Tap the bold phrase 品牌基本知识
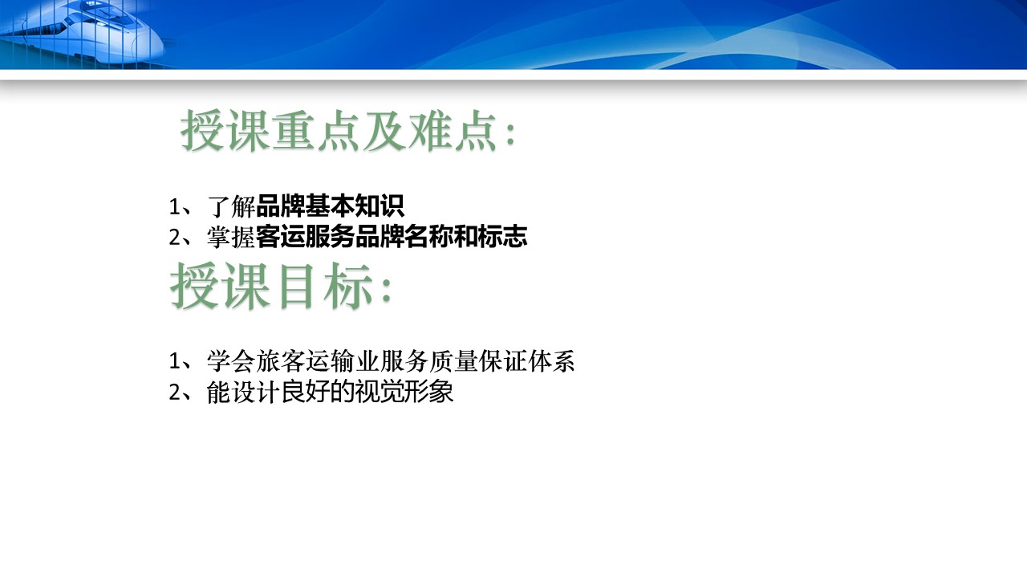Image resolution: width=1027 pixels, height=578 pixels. tap(330, 206)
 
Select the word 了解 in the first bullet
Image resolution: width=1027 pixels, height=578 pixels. tap(231, 206)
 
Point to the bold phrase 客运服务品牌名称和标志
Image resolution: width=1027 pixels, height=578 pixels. tap(392, 237)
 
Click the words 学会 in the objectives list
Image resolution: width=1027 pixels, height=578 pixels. tap(230, 361)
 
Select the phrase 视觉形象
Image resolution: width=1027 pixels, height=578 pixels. tap(404, 392)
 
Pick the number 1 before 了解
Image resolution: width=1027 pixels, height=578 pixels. tap(174, 207)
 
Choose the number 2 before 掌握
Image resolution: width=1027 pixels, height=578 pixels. tap(174, 238)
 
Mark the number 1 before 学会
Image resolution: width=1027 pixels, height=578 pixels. tap(174, 361)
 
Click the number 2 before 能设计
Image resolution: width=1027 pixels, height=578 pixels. tap(174, 393)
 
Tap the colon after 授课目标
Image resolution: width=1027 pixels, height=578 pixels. tap(387, 290)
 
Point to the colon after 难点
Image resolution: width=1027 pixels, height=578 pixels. tap(510, 134)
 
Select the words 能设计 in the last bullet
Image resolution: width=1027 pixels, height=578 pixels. tap(243, 392)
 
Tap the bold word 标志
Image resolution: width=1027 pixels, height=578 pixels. tap(503, 237)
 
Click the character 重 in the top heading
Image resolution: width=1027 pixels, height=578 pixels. tap(293, 131)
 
